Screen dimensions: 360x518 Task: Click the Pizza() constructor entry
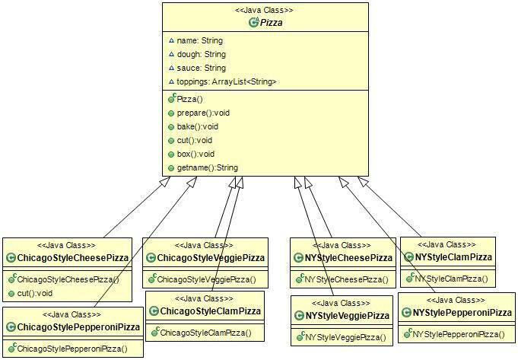pos(189,99)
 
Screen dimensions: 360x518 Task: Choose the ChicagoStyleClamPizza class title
pos(210,311)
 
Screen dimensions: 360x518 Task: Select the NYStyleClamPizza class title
pos(454,259)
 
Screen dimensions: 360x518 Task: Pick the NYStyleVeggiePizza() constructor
pos(345,337)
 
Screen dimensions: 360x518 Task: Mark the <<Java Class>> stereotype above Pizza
pos(259,10)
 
